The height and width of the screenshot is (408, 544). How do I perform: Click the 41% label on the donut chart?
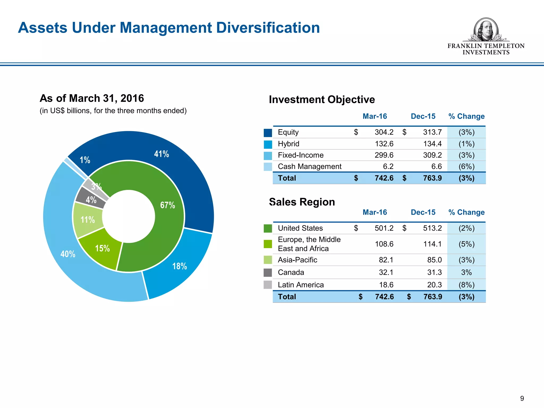[x=161, y=154]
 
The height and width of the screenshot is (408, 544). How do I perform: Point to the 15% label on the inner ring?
[x=103, y=248]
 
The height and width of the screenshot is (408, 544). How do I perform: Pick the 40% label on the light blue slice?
[x=68, y=254]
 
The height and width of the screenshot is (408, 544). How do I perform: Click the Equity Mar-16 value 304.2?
[x=384, y=132]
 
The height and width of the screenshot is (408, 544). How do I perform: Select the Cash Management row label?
[x=309, y=167]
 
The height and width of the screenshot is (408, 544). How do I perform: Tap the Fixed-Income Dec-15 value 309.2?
[x=432, y=155]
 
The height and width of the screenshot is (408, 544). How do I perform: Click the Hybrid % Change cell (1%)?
[x=466, y=144]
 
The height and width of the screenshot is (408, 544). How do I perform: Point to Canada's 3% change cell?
[x=466, y=272]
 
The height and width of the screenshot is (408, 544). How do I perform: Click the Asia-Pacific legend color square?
[x=268, y=260]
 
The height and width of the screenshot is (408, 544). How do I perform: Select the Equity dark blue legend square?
[x=268, y=133]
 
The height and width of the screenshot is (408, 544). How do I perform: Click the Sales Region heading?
[x=302, y=202]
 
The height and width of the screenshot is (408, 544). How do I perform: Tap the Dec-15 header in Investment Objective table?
[x=423, y=116]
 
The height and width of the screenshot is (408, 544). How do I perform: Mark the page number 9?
[x=522, y=398]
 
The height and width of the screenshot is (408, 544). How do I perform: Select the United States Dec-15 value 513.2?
[x=432, y=228]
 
